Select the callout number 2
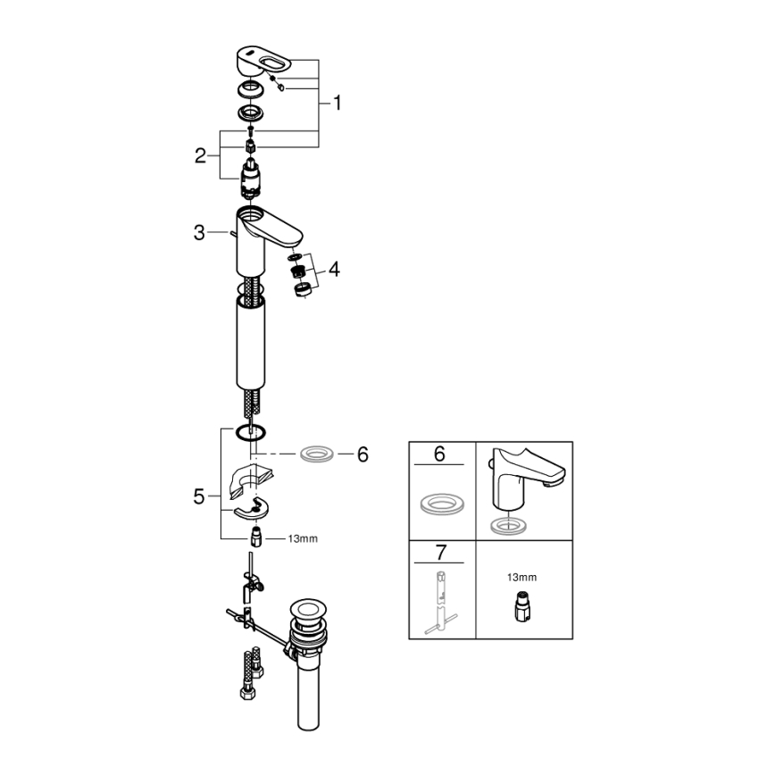[201, 156]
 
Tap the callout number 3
[199, 233]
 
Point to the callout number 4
[333, 267]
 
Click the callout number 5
[199, 496]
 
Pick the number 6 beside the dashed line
[362, 454]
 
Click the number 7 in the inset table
[438, 551]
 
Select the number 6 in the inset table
[438, 454]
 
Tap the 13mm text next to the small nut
[303, 538]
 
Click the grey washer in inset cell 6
[440, 503]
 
